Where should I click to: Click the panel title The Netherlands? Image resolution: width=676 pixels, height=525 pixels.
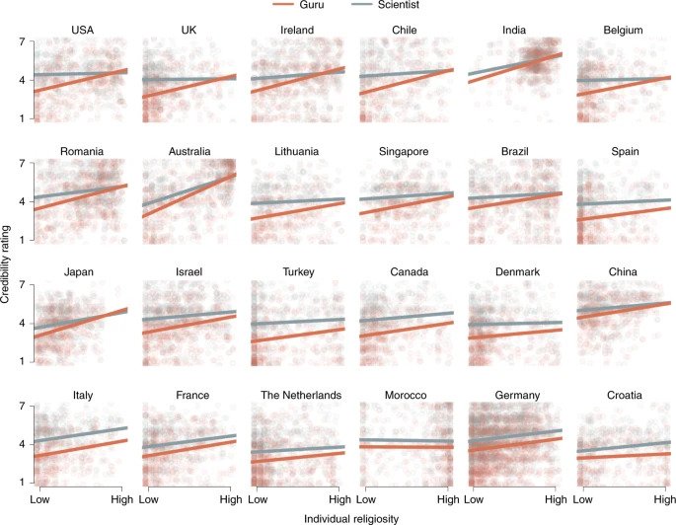301,395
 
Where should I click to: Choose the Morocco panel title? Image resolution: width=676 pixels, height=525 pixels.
409,395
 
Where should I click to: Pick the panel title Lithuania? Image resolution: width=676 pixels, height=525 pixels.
301,151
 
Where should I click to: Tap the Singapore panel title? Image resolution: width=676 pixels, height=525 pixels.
409,151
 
